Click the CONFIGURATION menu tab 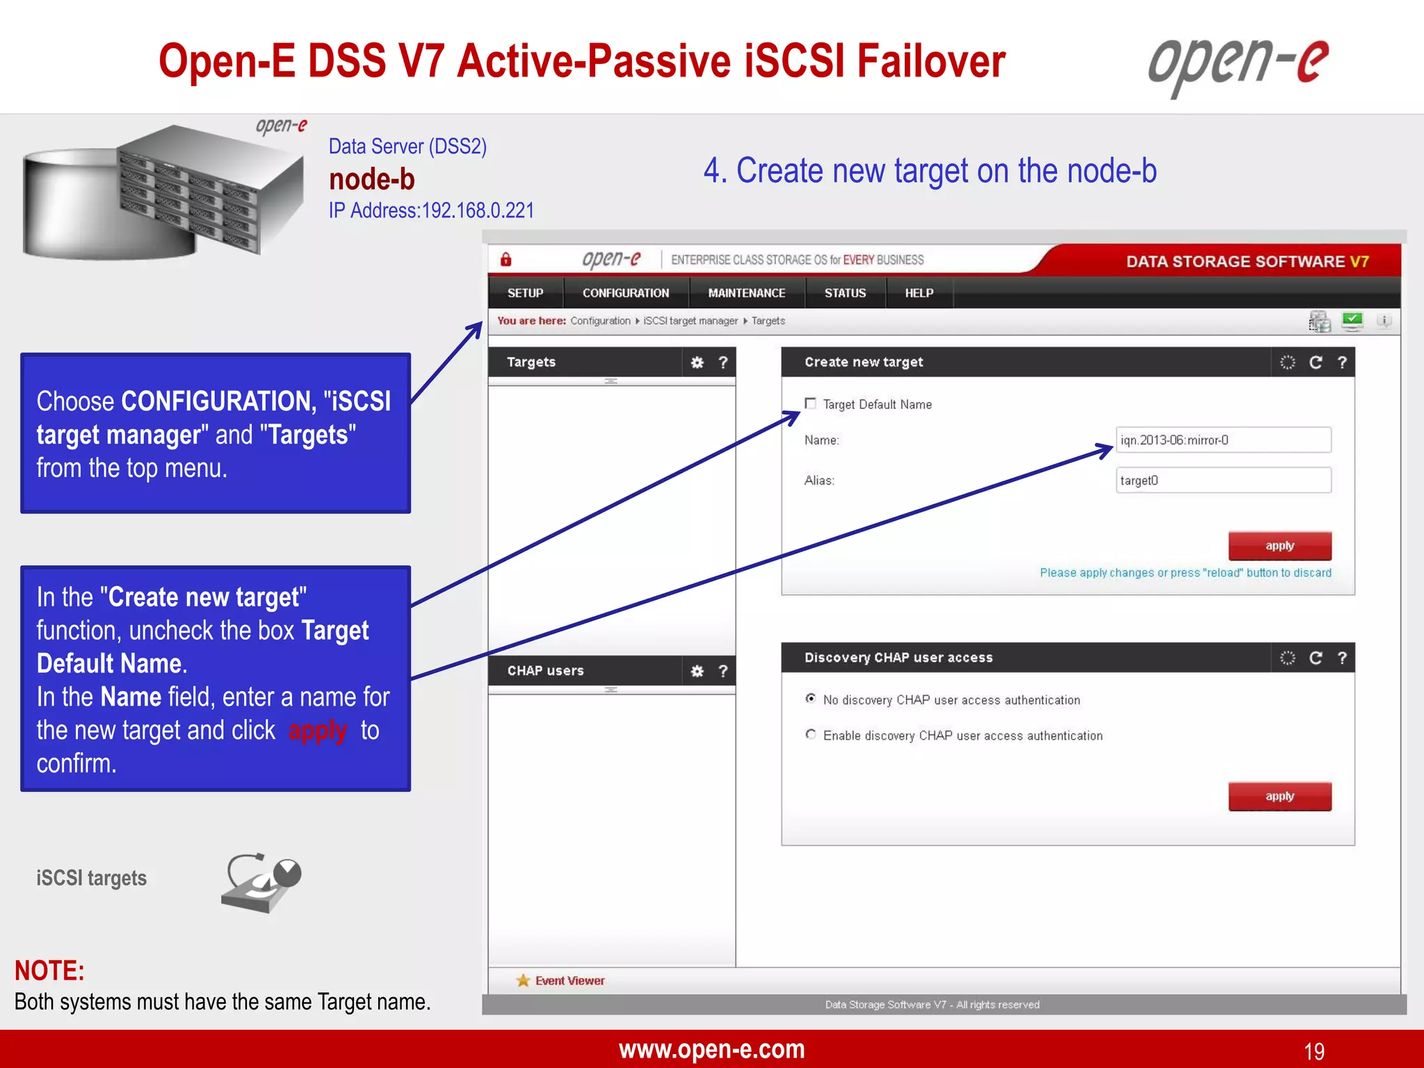[x=625, y=293]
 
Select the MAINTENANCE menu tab [x=746, y=293]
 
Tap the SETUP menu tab [x=525, y=293]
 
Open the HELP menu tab [x=919, y=293]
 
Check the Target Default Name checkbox [x=810, y=403]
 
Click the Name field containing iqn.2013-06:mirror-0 [x=1222, y=440]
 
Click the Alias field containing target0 [x=1222, y=480]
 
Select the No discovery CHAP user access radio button [x=811, y=698]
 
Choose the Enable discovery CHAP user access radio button [x=811, y=734]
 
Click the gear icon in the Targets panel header [x=697, y=362]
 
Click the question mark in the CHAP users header [x=723, y=671]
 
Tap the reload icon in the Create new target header [x=1316, y=362]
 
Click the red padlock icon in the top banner [x=506, y=259]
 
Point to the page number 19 [x=1313, y=1051]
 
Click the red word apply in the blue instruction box [x=317, y=731]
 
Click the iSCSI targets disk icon [x=261, y=882]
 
